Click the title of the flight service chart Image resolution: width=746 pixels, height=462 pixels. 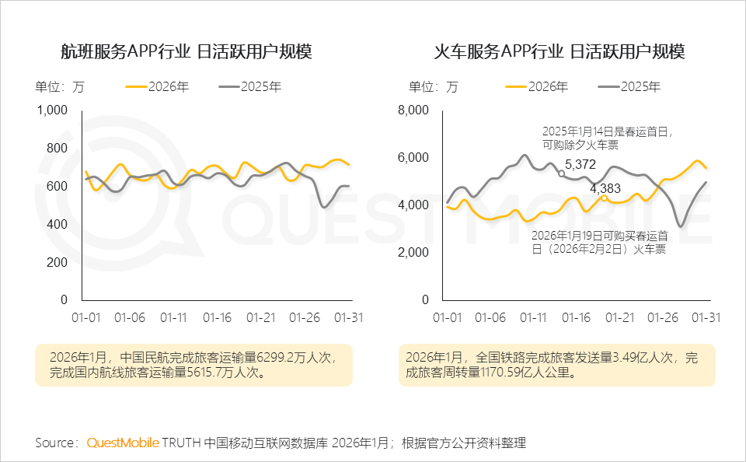(186, 52)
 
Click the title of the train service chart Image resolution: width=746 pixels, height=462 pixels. (559, 52)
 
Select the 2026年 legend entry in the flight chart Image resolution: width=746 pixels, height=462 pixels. (159, 87)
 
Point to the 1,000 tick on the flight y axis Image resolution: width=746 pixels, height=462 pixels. (54, 110)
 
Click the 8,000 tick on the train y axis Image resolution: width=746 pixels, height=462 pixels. (413, 110)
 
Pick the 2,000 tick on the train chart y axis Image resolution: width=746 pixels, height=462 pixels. (413, 253)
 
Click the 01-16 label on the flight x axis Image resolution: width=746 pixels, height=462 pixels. (217, 317)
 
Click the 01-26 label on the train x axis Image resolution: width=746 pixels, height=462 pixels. (664, 317)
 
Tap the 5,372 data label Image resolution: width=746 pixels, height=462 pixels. (580, 164)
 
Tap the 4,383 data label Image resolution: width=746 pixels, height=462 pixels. (605, 187)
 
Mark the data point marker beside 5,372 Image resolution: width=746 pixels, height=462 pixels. (562, 173)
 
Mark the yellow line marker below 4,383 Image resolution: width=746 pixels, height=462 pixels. (604, 198)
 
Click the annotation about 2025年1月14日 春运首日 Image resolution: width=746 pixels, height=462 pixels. (607, 138)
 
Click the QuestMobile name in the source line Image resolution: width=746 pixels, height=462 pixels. (123, 443)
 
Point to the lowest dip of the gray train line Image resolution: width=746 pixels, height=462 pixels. (681, 226)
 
